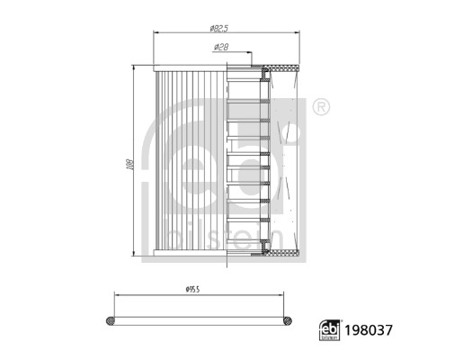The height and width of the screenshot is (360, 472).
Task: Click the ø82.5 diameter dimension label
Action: [x=219, y=28]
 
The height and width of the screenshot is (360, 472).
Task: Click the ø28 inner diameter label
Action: [x=221, y=47]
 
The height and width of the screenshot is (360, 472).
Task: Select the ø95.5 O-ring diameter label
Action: [x=192, y=290]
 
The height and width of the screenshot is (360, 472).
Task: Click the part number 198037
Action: [x=369, y=330]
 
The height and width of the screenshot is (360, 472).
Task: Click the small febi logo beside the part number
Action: [x=330, y=330]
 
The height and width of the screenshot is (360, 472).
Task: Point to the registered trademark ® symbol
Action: [x=321, y=107]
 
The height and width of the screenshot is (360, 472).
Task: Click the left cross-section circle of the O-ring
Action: [x=111, y=320]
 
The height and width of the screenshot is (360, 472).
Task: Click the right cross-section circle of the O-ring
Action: [x=287, y=320]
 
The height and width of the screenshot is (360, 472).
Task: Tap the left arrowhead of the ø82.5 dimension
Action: [x=156, y=32]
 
